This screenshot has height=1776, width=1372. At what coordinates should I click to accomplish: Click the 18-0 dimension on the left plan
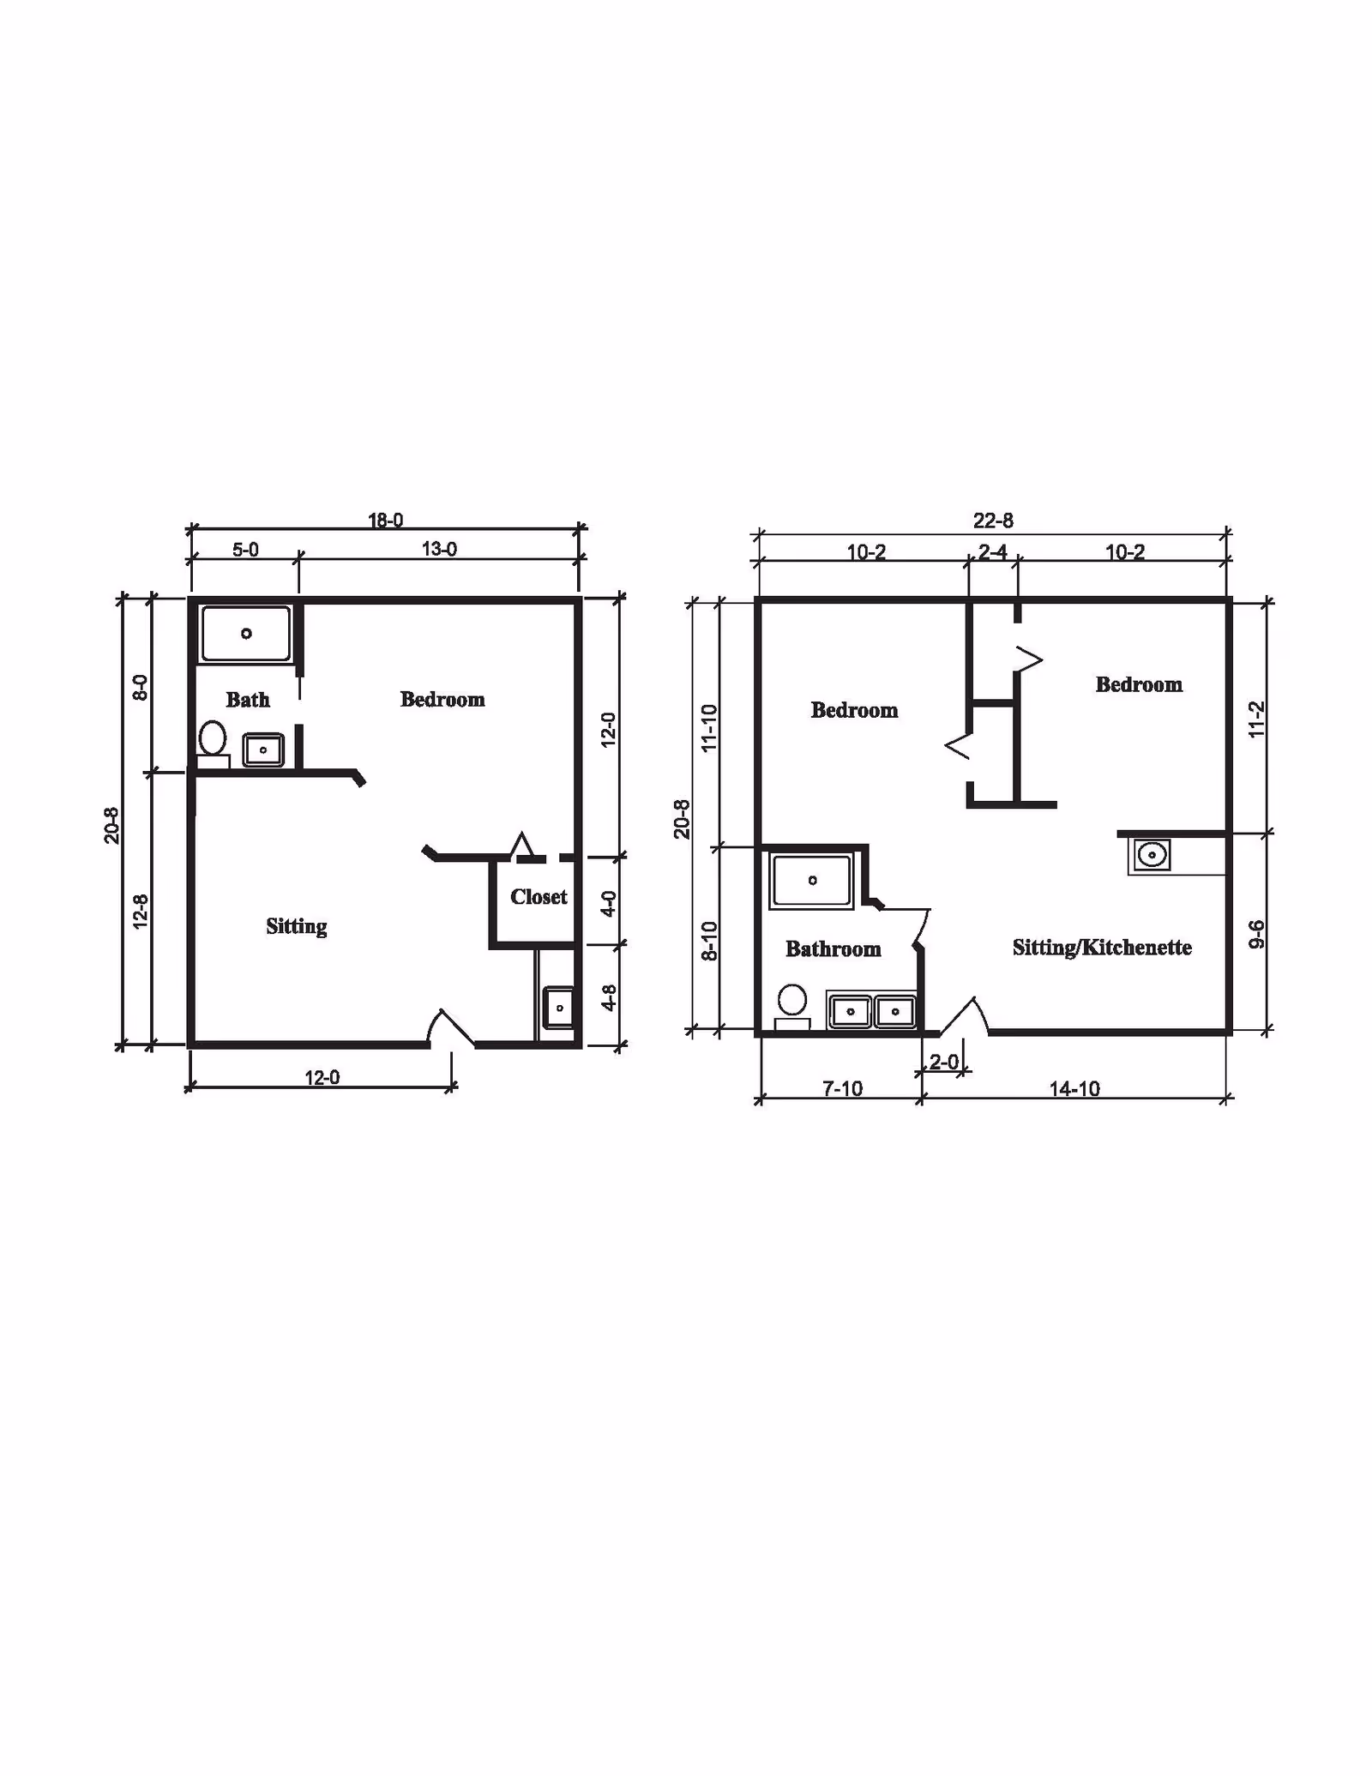click(x=386, y=520)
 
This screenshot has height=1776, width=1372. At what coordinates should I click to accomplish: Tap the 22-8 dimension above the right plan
click(x=993, y=521)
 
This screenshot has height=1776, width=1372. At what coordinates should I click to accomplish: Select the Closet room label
click(x=539, y=897)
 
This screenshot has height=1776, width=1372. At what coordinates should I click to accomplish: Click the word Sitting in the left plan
click(x=296, y=926)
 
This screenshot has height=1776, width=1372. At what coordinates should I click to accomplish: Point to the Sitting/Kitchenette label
click(x=1102, y=948)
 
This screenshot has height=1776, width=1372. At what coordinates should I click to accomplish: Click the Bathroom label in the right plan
click(x=833, y=948)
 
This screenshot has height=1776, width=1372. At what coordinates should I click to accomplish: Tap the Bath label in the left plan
click(x=248, y=700)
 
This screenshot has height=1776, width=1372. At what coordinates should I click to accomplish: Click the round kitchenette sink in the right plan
click(x=1152, y=855)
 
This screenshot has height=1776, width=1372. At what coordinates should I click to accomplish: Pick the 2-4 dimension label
click(x=993, y=551)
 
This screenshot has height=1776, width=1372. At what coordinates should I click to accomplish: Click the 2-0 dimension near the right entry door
click(x=944, y=1062)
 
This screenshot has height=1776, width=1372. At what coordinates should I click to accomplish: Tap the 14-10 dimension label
click(x=1074, y=1088)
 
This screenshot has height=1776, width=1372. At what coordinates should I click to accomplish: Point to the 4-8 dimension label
click(x=608, y=997)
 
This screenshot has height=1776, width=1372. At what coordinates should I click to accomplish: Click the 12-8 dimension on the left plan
click(x=141, y=912)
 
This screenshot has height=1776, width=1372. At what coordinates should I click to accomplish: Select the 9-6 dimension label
click(x=1256, y=934)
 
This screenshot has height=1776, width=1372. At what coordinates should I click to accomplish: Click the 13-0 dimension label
click(x=439, y=549)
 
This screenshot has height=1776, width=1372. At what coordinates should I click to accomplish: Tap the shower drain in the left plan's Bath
click(x=246, y=634)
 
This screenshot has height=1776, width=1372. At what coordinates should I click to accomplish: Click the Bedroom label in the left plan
click(x=442, y=700)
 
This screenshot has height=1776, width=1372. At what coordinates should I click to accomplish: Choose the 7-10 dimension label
click(x=842, y=1088)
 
